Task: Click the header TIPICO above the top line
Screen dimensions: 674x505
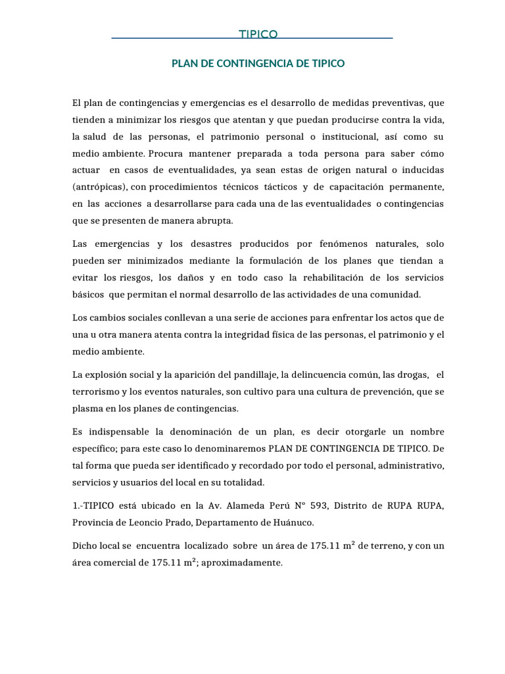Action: [x=258, y=34]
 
